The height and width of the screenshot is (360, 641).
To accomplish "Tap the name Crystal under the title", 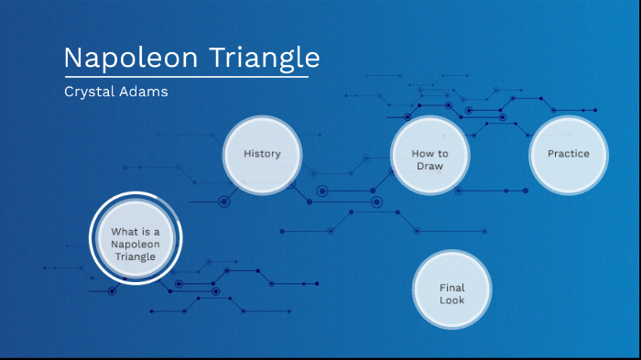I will [90, 92].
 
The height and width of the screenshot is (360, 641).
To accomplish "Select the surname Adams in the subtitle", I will [144, 92].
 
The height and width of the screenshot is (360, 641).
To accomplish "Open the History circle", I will [262, 154].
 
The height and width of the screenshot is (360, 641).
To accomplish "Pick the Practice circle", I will [569, 154].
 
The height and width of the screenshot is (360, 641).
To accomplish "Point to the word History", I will [262, 154].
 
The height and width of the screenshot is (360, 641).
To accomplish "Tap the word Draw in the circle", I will [429, 166].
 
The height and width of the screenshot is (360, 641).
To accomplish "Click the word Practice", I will [569, 154].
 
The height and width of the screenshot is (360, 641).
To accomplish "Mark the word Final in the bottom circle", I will [451, 288].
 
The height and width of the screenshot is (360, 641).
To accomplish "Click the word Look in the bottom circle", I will [451, 300].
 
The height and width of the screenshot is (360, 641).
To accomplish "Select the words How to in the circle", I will [429, 153].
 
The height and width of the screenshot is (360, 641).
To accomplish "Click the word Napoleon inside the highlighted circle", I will [136, 245].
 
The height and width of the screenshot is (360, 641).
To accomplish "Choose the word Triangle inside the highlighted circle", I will [136, 256].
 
